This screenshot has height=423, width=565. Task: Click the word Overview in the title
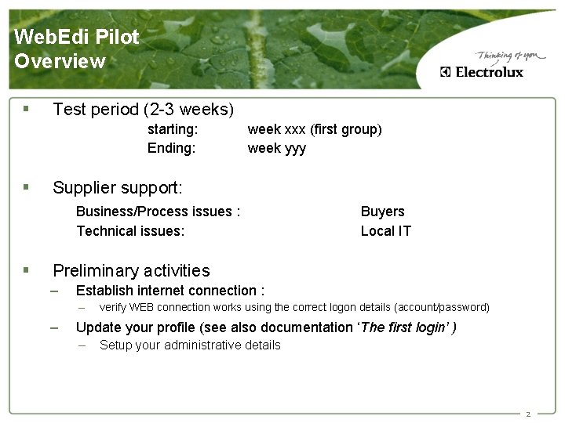(x=60, y=61)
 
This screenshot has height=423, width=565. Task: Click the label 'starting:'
(x=172, y=129)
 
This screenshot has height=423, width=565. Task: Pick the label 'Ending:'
(x=171, y=148)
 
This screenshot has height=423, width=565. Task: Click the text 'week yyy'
(x=277, y=148)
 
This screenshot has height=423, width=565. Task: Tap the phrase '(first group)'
(x=345, y=129)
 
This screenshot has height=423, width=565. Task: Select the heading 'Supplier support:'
(x=118, y=188)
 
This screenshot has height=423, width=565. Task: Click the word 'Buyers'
(x=382, y=211)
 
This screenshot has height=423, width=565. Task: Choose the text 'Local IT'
(x=385, y=230)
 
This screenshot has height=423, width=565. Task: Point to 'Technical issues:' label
(x=130, y=230)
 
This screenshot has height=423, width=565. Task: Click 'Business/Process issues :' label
(x=158, y=211)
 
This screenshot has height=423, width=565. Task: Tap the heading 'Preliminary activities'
(x=131, y=271)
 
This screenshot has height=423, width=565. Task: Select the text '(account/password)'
(x=441, y=307)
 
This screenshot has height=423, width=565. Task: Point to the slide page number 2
(x=528, y=414)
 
